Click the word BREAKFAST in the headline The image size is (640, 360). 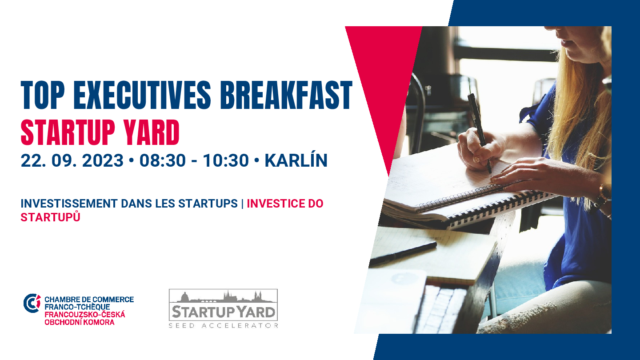pyautogui.click(x=286, y=95)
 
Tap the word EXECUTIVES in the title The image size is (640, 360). pyautogui.click(x=142, y=95)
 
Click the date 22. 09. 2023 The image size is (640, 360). pyautogui.click(x=72, y=160)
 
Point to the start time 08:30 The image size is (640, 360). pyautogui.click(x=162, y=160)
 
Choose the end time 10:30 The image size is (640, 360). pyautogui.click(x=226, y=160)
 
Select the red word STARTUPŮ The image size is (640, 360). pyautogui.click(x=50, y=217)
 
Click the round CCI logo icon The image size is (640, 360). pyautogui.click(x=32, y=303)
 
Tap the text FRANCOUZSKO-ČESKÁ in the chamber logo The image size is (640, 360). pyautogui.click(x=85, y=315)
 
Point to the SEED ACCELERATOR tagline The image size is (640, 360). pyautogui.click(x=224, y=325)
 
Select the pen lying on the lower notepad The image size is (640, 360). pyautogui.click(x=403, y=252)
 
